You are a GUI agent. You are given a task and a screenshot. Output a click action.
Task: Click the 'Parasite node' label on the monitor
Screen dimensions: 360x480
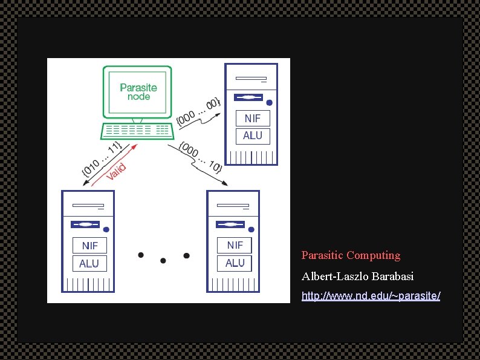[x=138, y=92]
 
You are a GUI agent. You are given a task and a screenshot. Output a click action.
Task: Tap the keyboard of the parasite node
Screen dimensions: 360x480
[x=137, y=130]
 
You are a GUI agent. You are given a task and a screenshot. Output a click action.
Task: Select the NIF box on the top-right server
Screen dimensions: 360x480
[x=252, y=118]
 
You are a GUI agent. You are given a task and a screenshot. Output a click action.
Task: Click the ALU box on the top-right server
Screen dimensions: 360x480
[x=252, y=136]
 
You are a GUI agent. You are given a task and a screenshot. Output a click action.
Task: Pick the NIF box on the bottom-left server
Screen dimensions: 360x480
[x=89, y=245]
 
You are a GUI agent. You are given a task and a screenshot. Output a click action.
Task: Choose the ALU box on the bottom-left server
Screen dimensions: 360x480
[x=89, y=263]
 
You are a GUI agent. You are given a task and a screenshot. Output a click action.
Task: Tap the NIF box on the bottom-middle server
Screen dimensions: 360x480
[x=235, y=245]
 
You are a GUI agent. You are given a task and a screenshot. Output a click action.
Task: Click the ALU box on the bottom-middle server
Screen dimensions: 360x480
[x=235, y=263]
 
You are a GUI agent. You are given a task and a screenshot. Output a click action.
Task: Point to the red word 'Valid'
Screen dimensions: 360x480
[x=116, y=171]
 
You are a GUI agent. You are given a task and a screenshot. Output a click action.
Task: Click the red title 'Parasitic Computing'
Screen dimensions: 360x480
[x=351, y=255]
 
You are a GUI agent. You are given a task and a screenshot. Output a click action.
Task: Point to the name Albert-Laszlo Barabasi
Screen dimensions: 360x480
[x=357, y=277]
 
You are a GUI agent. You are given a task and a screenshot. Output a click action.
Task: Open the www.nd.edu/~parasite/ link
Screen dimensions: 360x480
[x=371, y=296]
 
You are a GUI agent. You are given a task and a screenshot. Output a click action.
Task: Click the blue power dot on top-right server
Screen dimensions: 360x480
[x=270, y=102]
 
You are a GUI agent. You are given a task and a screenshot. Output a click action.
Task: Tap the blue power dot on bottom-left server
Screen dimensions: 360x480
[x=106, y=229]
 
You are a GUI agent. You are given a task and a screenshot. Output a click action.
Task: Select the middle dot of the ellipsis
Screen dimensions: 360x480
[x=163, y=261]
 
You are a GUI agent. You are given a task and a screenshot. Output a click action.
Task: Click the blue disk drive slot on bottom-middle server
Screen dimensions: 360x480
[x=230, y=224]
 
